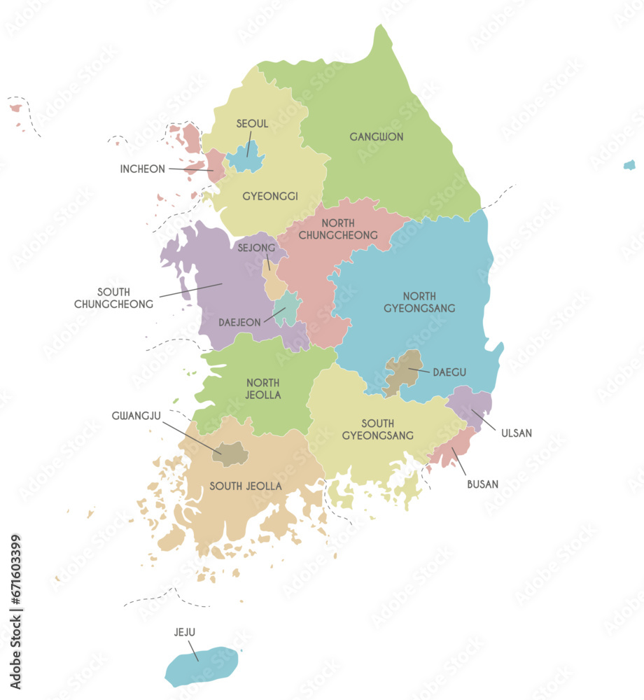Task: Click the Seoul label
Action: (252, 124)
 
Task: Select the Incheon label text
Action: (142, 169)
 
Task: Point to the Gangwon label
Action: (377, 136)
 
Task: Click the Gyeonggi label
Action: (270, 196)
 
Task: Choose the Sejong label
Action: (255, 247)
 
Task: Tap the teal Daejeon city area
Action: (286, 309)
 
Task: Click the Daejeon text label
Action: (239, 323)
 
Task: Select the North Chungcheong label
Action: (338, 229)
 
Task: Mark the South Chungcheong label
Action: (113, 297)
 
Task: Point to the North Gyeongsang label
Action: (429, 302)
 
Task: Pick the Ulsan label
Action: (517, 433)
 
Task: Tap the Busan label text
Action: (483, 484)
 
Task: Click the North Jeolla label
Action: (263, 388)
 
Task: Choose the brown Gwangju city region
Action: (230, 454)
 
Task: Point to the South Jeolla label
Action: (246, 486)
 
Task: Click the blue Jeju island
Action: (202, 666)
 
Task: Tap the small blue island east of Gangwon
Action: (629, 165)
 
